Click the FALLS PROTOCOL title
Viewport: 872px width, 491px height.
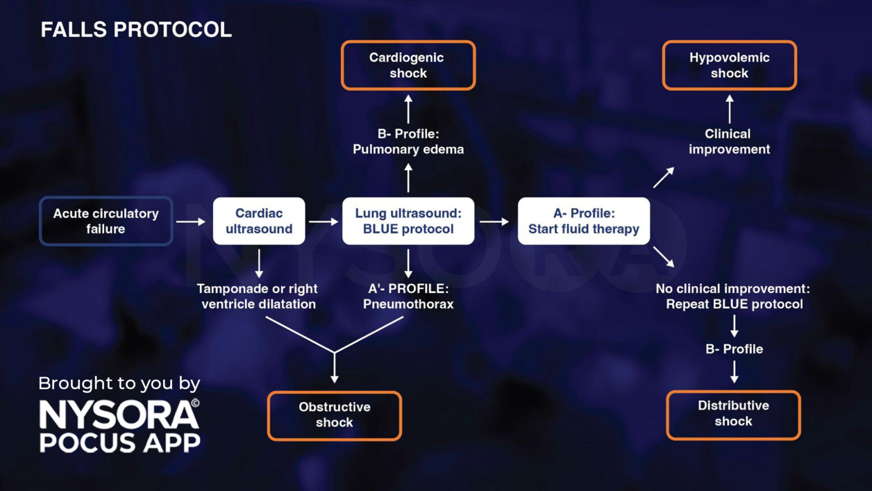coord(136,30)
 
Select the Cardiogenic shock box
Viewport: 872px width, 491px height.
coord(408,65)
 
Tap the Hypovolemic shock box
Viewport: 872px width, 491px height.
coord(730,65)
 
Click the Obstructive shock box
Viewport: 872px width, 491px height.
coord(334,415)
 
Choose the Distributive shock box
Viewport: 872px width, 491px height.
coord(733,414)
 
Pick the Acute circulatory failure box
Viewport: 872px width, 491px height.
coord(106,221)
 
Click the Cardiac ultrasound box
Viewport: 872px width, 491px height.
coord(259,221)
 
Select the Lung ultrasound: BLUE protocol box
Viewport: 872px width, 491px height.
coord(408,221)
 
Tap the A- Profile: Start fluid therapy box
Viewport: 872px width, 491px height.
coord(584,221)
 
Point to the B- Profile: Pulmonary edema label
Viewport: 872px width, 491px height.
coord(408,142)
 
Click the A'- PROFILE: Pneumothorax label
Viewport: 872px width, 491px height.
coord(408,296)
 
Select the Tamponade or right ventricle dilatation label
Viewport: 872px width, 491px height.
coord(258,296)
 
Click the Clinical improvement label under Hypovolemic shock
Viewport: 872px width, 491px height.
coord(729,142)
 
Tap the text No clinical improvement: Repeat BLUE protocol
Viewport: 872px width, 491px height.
coord(733,296)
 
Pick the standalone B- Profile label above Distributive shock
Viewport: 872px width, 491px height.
coord(734,349)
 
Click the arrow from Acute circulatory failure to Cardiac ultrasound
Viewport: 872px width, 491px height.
coord(191,221)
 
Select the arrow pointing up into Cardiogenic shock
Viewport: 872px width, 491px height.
coord(408,109)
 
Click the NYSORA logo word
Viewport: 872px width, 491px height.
coord(119,415)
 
